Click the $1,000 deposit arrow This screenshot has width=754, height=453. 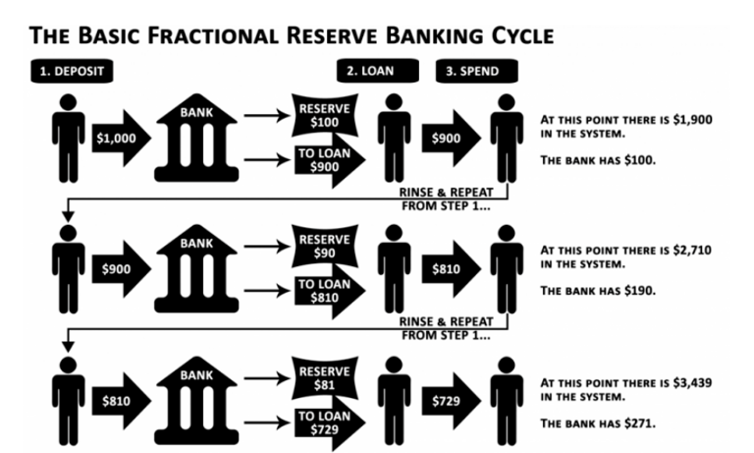pos(119,140)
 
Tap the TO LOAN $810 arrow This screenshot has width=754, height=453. pos(321,290)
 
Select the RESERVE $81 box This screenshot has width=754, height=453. pos(318,378)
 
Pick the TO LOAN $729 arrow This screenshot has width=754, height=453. pos(321,422)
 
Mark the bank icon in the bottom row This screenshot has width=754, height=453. pos(195,403)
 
